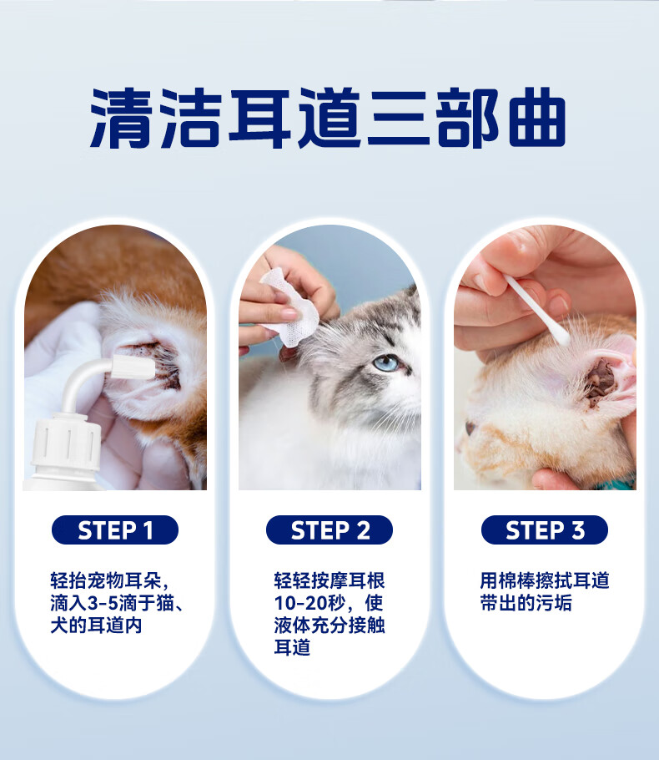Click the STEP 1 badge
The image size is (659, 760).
(x=115, y=529)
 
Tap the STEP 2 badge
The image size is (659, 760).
(x=329, y=529)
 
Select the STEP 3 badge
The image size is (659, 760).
(x=544, y=529)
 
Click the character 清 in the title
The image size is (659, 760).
(x=122, y=118)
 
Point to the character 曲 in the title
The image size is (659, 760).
(x=537, y=118)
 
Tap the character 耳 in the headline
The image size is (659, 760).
(x=260, y=118)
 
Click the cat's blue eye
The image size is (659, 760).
(x=386, y=362)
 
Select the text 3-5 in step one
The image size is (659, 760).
(x=103, y=604)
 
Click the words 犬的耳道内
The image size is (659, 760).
(x=96, y=626)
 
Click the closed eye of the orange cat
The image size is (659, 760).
(x=470, y=428)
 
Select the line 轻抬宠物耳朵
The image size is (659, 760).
(x=109, y=580)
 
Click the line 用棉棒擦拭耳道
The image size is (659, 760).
(x=544, y=580)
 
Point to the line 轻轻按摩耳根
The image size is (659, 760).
(x=329, y=580)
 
